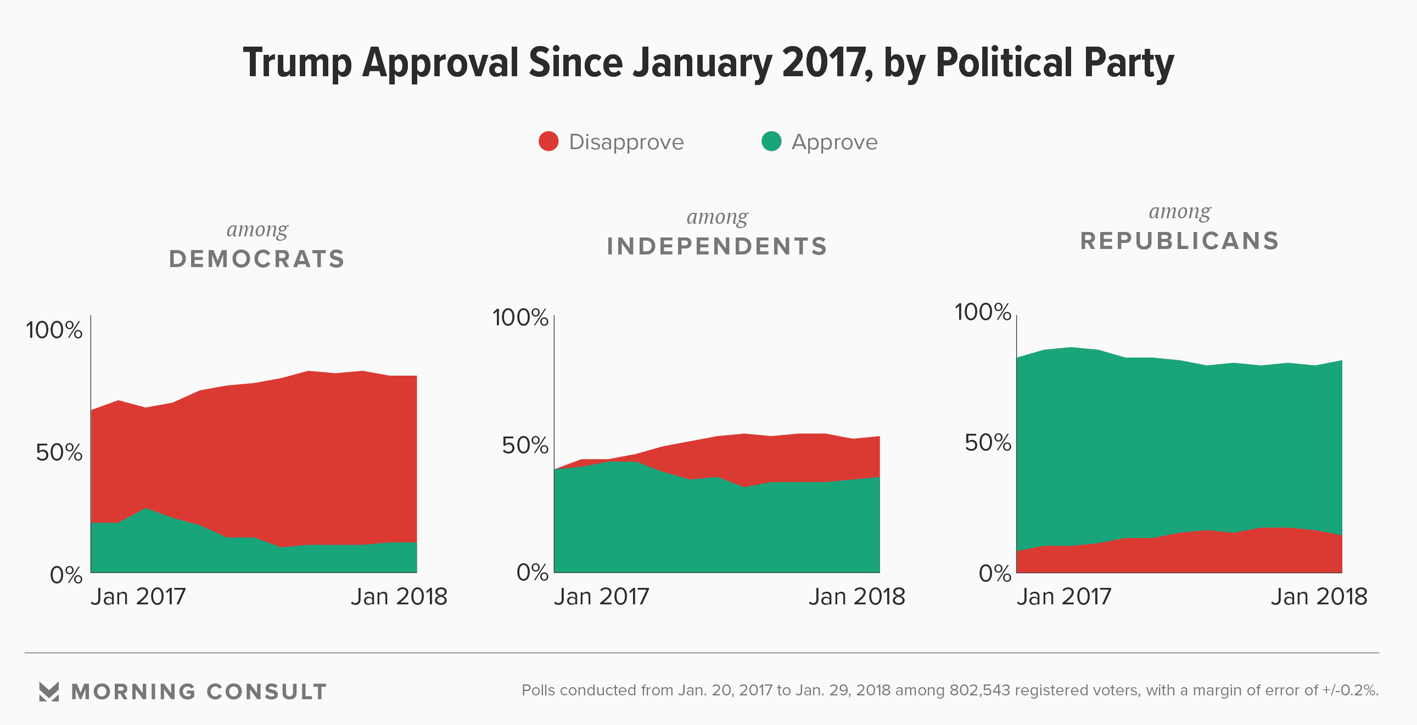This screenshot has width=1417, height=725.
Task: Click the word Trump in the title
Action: tap(297, 63)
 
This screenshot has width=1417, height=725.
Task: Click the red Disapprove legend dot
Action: tap(548, 141)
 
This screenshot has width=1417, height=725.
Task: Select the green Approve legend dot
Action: tap(771, 141)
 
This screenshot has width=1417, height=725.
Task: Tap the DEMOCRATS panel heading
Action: tap(257, 259)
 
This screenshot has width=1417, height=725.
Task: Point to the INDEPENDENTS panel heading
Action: tap(717, 246)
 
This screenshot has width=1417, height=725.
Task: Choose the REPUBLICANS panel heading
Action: tap(1179, 241)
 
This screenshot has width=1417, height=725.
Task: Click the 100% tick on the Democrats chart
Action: tap(54, 330)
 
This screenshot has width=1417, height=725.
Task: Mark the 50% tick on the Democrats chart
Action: tap(59, 452)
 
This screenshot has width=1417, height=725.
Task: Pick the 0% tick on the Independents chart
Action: tap(532, 573)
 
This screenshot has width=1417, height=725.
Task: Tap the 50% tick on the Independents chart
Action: tap(525, 445)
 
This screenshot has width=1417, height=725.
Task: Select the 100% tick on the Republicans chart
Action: tap(982, 312)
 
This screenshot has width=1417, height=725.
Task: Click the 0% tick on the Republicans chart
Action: tap(995, 574)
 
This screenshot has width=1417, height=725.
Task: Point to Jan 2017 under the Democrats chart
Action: tap(138, 597)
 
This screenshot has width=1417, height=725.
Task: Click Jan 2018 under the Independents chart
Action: tap(856, 597)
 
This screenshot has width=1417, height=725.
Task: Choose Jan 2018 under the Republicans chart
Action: tap(1319, 597)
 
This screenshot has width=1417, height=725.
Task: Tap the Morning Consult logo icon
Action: tap(49, 692)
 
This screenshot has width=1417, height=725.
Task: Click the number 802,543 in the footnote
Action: tap(979, 690)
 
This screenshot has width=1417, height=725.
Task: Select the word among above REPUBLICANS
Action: tap(1179, 212)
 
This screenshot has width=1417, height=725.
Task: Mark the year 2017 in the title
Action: tap(827, 63)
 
